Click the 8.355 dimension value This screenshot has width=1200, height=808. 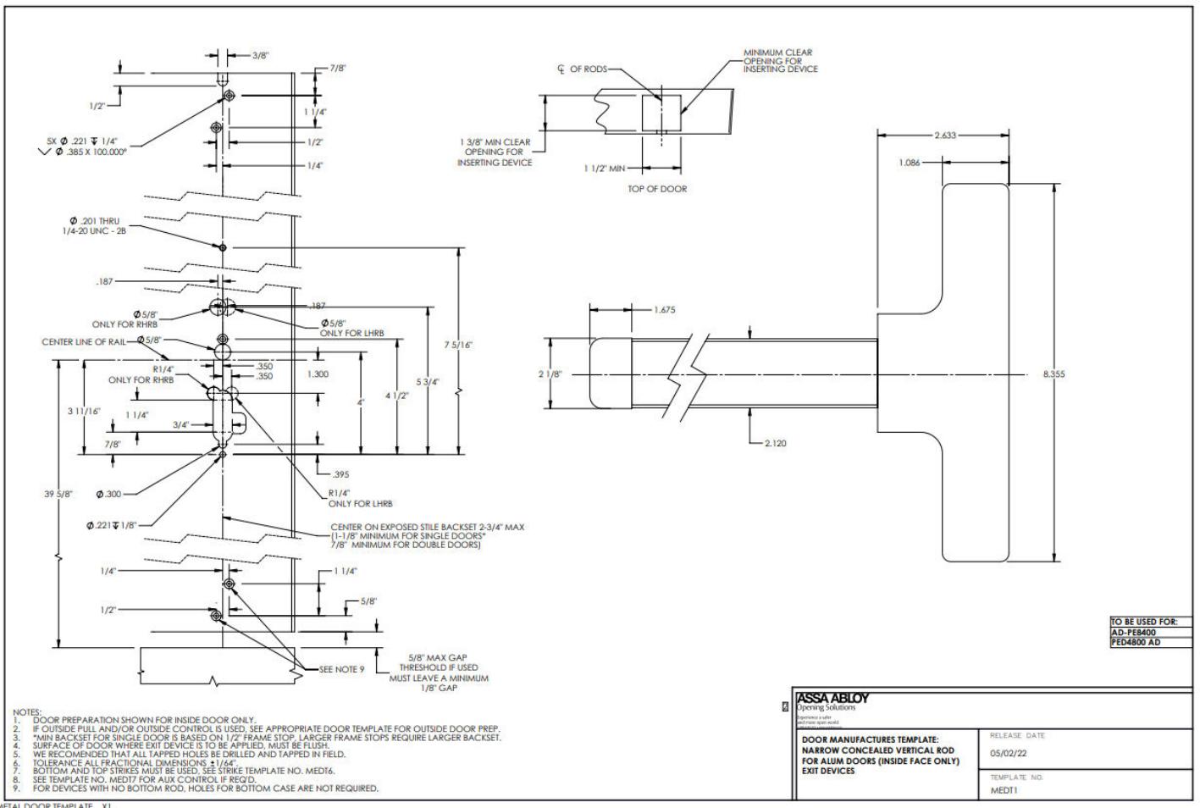point(1053,374)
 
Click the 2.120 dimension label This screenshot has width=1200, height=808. point(774,442)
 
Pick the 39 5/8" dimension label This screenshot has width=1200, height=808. point(58,494)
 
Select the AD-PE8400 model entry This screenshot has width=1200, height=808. point(1134,632)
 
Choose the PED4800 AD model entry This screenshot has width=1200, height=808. point(1136,642)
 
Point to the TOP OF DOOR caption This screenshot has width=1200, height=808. point(657,189)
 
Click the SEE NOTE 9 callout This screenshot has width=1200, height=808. point(341,669)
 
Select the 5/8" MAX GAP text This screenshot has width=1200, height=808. point(438,657)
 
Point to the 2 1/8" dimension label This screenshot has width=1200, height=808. point(550,374)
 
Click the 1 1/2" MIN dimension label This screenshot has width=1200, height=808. point(604,169)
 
